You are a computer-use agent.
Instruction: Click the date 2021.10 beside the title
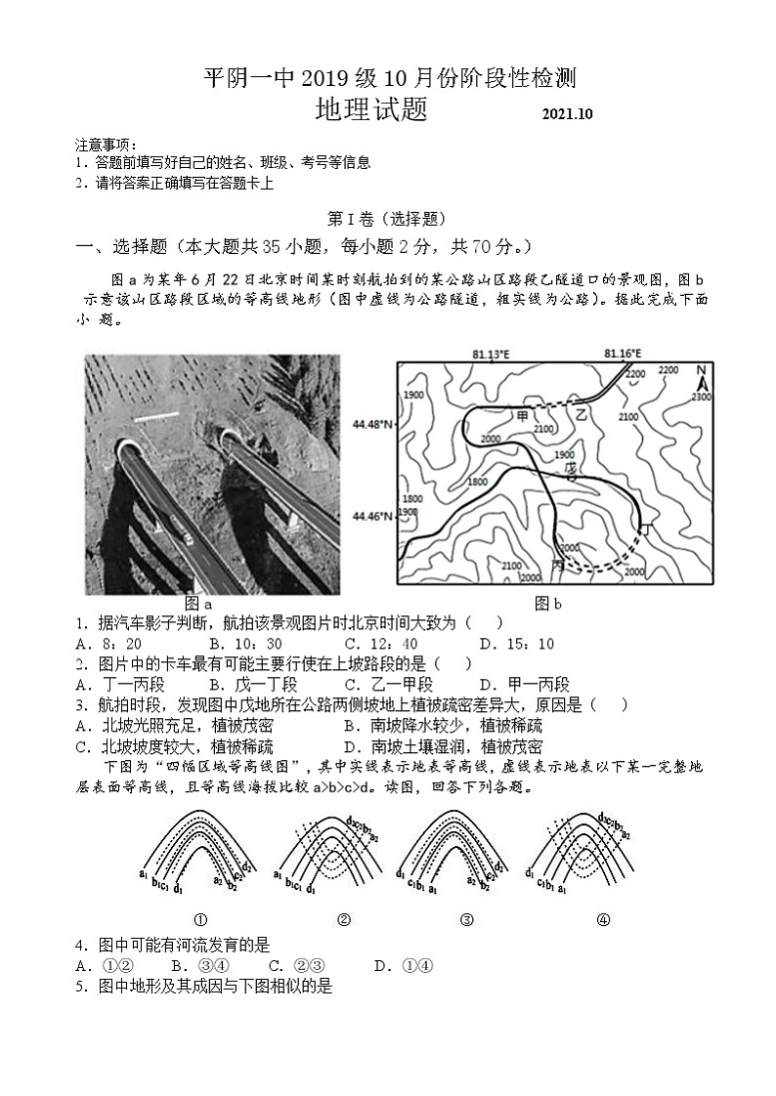click(x=568, y=113)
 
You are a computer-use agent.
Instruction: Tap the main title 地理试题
click(x=371, y=109)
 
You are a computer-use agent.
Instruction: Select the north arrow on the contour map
click(x=701, y=372)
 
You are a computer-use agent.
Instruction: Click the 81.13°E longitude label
click(x=491, y=354)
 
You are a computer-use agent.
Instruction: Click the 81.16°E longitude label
click(x=623, y=354)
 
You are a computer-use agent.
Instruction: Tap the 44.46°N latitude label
click(x=371, y=515)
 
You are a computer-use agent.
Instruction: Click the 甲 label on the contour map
click(x=523, y=416)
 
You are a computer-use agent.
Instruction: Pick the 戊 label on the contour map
click(x=571, y=468)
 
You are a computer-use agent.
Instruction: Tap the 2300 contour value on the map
click(x=700, y=396)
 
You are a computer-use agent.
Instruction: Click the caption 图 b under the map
click(x=548, y=604)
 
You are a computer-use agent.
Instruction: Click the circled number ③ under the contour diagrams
click(x=466, y=919)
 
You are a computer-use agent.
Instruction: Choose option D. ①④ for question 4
click(x=404, y=966)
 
